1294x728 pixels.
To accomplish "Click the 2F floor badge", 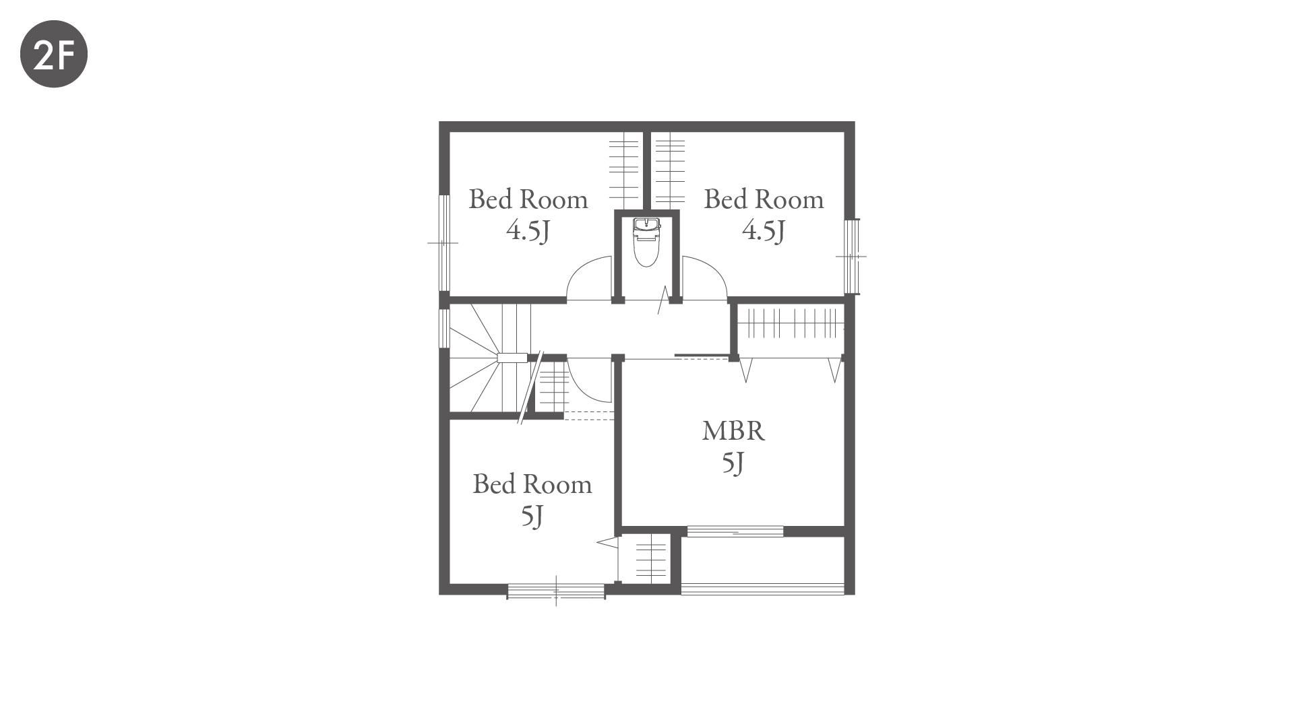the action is point(54,54).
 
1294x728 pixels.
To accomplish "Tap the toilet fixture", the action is point(646,242).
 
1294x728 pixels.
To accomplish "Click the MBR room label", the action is point(733,431).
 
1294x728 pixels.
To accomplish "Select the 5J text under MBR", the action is point(733,463).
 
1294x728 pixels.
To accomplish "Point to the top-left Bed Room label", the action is point(528,199).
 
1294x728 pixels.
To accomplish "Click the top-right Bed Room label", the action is point(764,199).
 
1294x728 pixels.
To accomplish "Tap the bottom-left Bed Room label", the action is point(532,484).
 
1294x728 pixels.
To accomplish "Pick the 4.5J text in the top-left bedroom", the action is point(528,231).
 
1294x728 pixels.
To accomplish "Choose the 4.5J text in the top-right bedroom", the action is point(764,231).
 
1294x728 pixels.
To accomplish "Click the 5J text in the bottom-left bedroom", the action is point(532,517).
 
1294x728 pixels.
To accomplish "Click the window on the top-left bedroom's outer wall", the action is point(444,242).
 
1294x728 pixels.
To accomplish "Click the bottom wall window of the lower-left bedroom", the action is point(556,591).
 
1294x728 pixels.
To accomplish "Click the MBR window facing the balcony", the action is point(735,531).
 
